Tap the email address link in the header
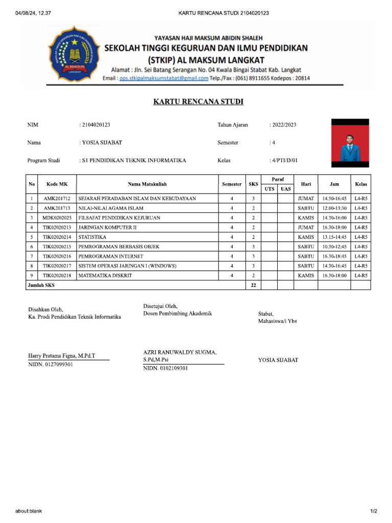(163, 78)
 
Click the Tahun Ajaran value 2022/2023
(284, 125)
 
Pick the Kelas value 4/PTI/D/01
(285, 160)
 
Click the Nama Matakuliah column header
(148, 184)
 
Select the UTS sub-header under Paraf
(269, 189)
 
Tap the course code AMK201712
(57, 198)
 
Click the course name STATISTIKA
(92, 237)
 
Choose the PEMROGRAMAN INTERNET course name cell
(111, 256)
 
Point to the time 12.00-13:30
(334, 208)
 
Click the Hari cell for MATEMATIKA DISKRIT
(306, 276)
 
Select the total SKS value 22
(253, 286)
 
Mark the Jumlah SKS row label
(41, 286)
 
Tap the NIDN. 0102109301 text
(165, 368)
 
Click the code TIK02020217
(57, 266)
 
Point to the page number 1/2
(374, 511)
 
